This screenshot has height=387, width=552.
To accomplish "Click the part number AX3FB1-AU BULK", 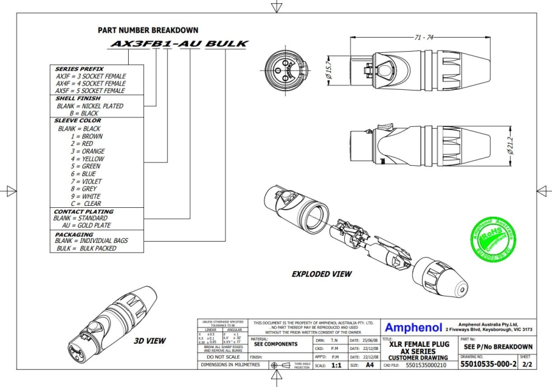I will tap(179, 44).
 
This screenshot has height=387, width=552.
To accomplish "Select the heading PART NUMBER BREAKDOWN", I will tap(147, 30).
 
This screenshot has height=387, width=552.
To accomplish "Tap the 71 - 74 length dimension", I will tap(423, 39).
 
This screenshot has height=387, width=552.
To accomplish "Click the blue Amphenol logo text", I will tap(414, 328).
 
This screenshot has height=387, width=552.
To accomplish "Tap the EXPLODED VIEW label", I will tap(321, 274).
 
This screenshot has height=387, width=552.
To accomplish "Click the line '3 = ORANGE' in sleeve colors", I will tap(87, 151).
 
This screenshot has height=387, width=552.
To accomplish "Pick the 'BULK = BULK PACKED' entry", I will tap(85, 248).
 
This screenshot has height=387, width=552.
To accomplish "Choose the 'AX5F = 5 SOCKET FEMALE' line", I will tap(91, 91).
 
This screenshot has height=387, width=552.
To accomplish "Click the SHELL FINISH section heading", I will tap(75, 99).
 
